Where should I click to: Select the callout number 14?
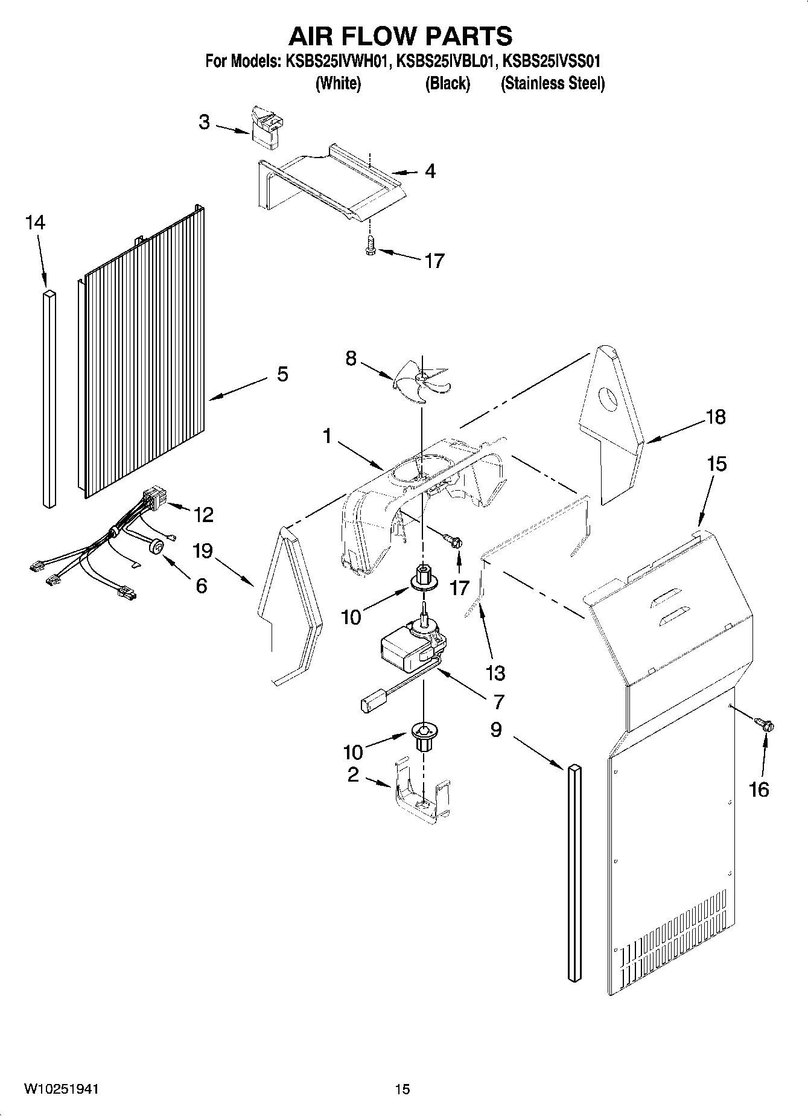coord(35,223)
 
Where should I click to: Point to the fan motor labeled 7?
coord(410,652)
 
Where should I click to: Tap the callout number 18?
coord(716,416)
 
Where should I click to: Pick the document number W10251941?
coord(62,1089)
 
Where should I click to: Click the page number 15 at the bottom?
coord(402,1089)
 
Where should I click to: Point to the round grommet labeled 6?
coord(156,546)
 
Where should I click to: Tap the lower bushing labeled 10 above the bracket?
coord(424,734)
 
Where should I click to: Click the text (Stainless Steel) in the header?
coord(552,83)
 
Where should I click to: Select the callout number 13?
coord(495,672)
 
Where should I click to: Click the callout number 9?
coord(496,730)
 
